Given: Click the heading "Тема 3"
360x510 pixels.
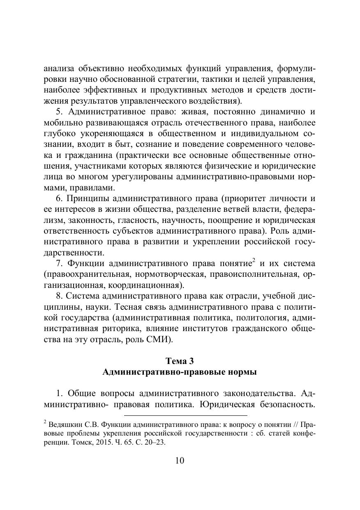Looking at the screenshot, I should point(180,361).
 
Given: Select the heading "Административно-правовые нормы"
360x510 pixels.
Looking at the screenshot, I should point(180,372).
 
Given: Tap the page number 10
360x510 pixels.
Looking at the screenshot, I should point(180,460).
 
